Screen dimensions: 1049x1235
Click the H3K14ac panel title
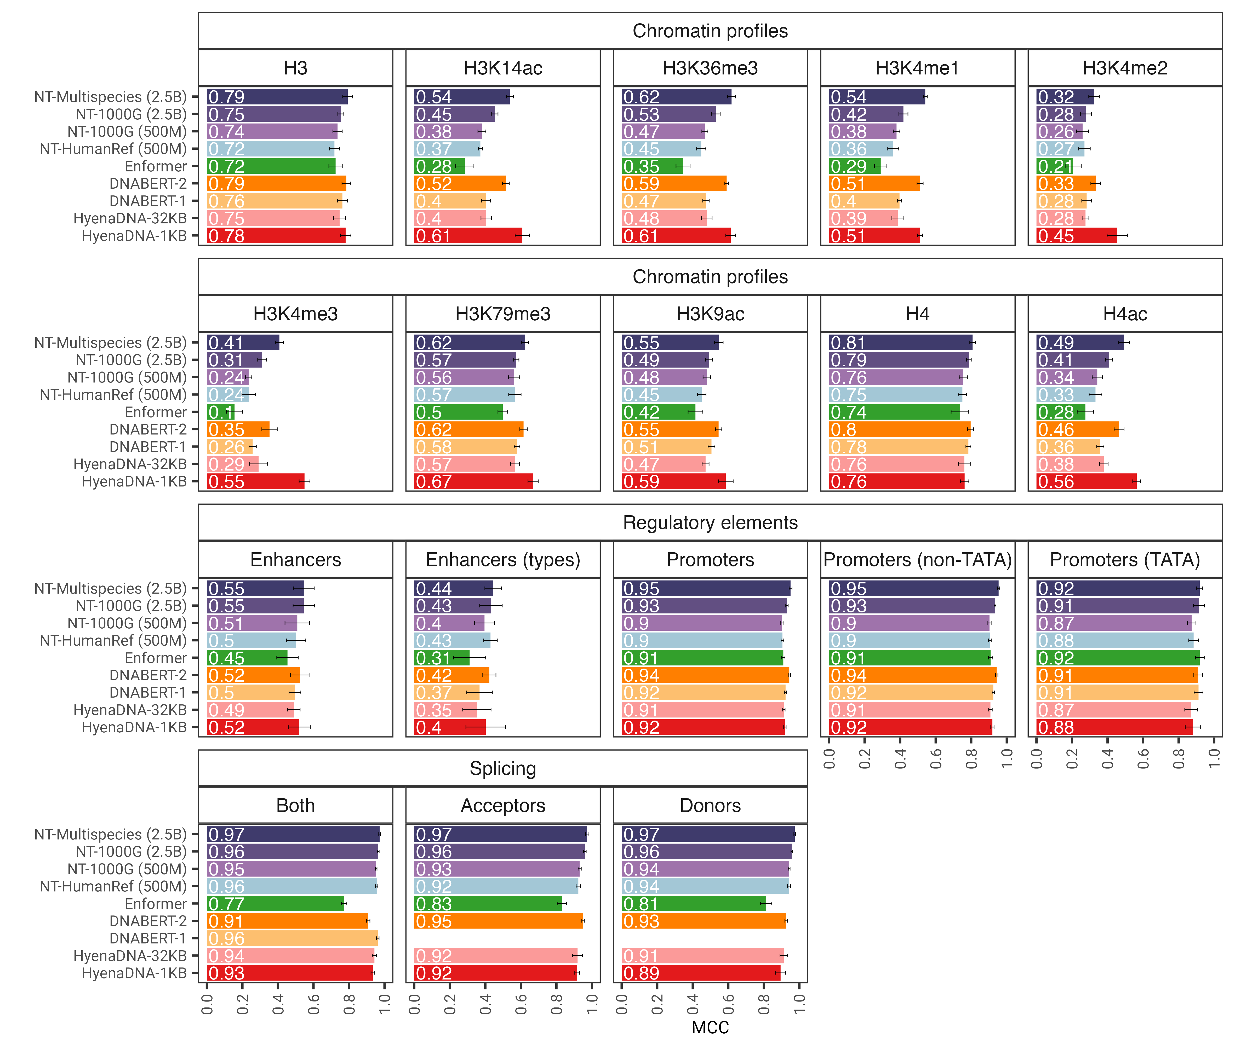click(x=503, y=68)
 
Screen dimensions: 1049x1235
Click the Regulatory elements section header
click(x=710, y=523)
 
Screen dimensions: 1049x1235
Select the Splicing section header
click(x=503, y=768)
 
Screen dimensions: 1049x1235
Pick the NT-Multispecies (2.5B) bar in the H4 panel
click(x=900, y=343)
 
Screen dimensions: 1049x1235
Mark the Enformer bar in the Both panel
click(x=275, y=904)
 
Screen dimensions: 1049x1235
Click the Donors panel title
click(x=710, y=806)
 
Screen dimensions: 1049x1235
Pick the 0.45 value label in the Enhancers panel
click(x=226, y=658)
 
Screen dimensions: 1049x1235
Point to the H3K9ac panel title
click(x=710, y=314)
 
